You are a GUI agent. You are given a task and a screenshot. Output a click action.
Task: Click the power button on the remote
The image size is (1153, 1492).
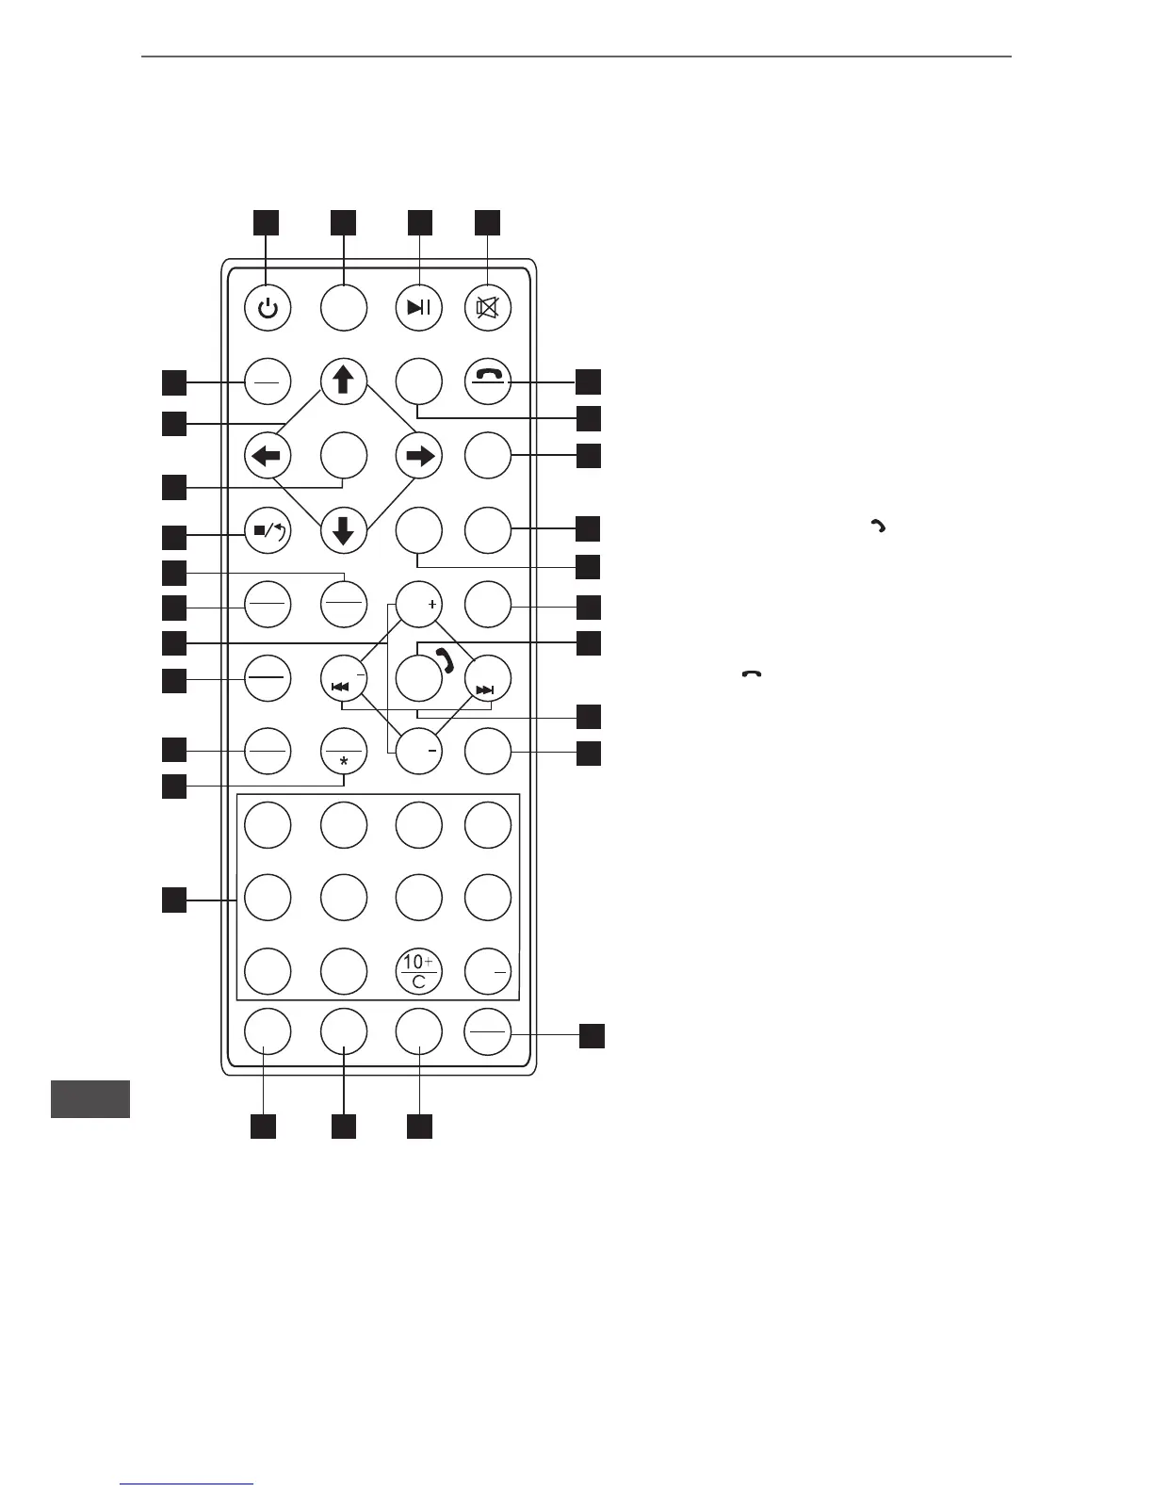coord(268,308)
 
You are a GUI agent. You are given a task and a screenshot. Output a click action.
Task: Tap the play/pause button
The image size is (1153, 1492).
coord(418,308)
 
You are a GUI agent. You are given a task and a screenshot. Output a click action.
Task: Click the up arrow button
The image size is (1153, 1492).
coord(343,381)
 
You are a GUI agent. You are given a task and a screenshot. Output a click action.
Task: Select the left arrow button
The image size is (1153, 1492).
coord(268,456)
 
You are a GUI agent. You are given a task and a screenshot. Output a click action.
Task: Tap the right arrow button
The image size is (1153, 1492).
coord(418,456)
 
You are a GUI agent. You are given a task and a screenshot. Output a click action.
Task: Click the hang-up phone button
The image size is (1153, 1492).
coord(488,381)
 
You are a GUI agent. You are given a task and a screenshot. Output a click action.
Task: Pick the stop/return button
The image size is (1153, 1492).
coord(268,529)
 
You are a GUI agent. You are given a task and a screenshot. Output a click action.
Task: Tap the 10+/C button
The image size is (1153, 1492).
coord(418,972)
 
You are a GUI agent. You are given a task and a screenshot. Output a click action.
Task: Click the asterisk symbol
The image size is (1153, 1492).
coord(343,760)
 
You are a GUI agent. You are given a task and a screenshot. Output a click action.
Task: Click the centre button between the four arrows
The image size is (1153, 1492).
coord(343,456)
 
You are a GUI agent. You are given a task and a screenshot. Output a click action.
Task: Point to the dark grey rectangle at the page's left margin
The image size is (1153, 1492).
coord(90,1099)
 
